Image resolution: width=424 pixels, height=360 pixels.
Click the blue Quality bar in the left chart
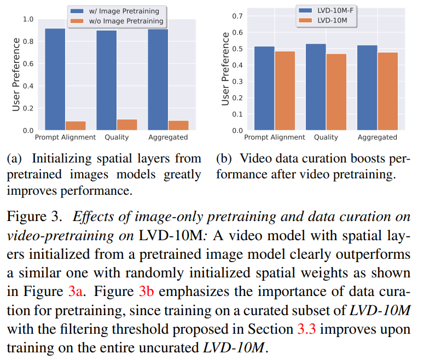tap(106, 80)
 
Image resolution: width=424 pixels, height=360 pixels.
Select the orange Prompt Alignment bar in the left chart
tap(75, 125)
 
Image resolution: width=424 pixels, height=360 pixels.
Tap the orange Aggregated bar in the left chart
tap(178, 125)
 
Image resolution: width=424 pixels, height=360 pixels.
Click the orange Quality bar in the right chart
tap(336, 92)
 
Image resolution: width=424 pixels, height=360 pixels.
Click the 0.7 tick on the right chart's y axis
tap(236, 15)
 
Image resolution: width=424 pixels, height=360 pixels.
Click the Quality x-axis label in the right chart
tap(326, 137)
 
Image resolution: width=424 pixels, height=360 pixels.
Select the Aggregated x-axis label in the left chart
tap(168, 137)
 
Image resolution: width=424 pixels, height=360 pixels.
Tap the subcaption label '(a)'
tap(16, 159)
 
